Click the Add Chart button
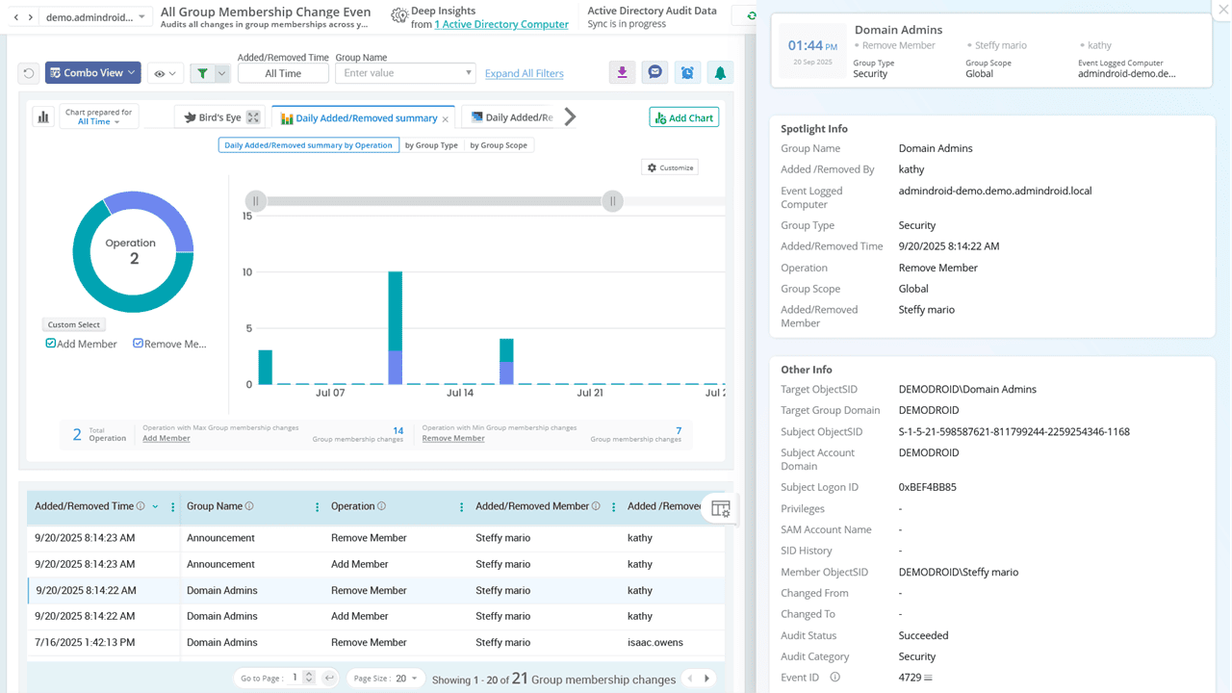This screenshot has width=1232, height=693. (x=683, y=117)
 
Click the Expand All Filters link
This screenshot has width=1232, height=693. (x=524, y=73)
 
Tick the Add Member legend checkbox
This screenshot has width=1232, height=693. (x=51, y=344)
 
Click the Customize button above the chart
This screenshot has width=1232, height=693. (x=670, y=167)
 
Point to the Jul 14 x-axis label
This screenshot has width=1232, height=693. (x=460, y=393)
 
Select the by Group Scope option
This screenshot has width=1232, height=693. (x=498, y=145)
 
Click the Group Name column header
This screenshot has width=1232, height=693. (x=215, y=506)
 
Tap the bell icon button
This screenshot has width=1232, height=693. (x=719, y=73)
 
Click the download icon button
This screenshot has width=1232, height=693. (x=622, y=73)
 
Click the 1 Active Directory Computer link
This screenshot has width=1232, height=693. (x=500, y=25)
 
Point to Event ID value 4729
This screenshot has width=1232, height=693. (x=910, y=678)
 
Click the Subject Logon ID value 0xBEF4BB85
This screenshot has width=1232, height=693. (x=927, y=487)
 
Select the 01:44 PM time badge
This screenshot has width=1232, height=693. (x=812, y=51)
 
